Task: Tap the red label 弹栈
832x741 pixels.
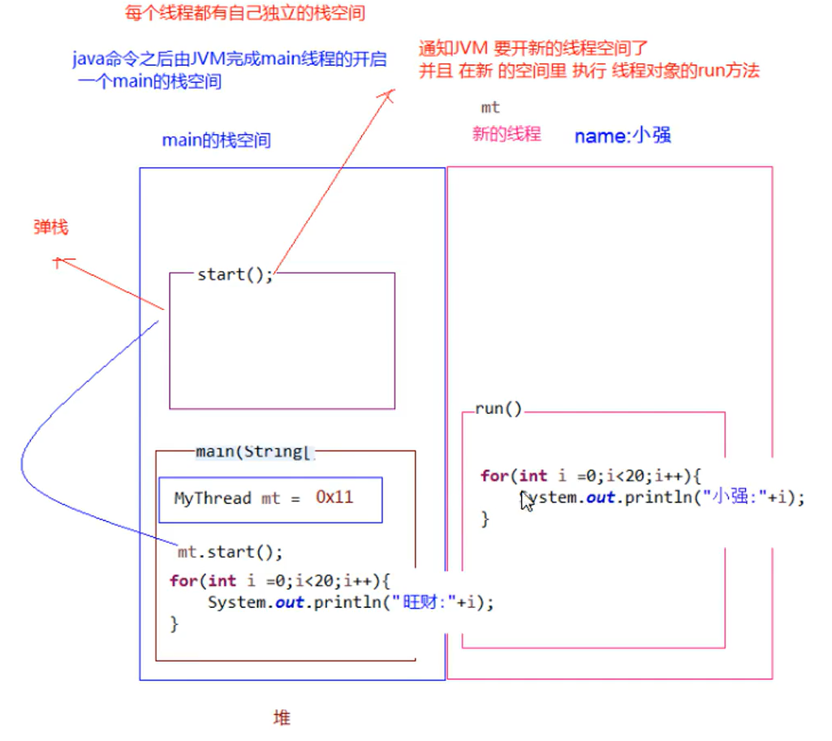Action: [x=51, y=227]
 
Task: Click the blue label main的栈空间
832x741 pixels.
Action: [x=216, y=140]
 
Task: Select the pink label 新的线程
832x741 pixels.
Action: [x=507, y=134]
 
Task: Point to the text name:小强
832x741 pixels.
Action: [x=623, y=136]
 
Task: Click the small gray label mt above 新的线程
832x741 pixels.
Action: [x=490, y=107]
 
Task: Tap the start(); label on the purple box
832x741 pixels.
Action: [x=235, y=274]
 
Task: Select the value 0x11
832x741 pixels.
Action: [x=334, y=498]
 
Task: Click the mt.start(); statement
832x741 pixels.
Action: [x=231, y=553]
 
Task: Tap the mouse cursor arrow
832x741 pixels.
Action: [x=526, y=501]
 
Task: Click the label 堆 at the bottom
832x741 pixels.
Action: [x=282, y=717]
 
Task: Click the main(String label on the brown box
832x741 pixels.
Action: [x=254, y=451]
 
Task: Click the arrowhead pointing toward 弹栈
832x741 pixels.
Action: [x=60, y=261]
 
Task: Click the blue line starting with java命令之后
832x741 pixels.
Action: [x=230, y=59]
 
